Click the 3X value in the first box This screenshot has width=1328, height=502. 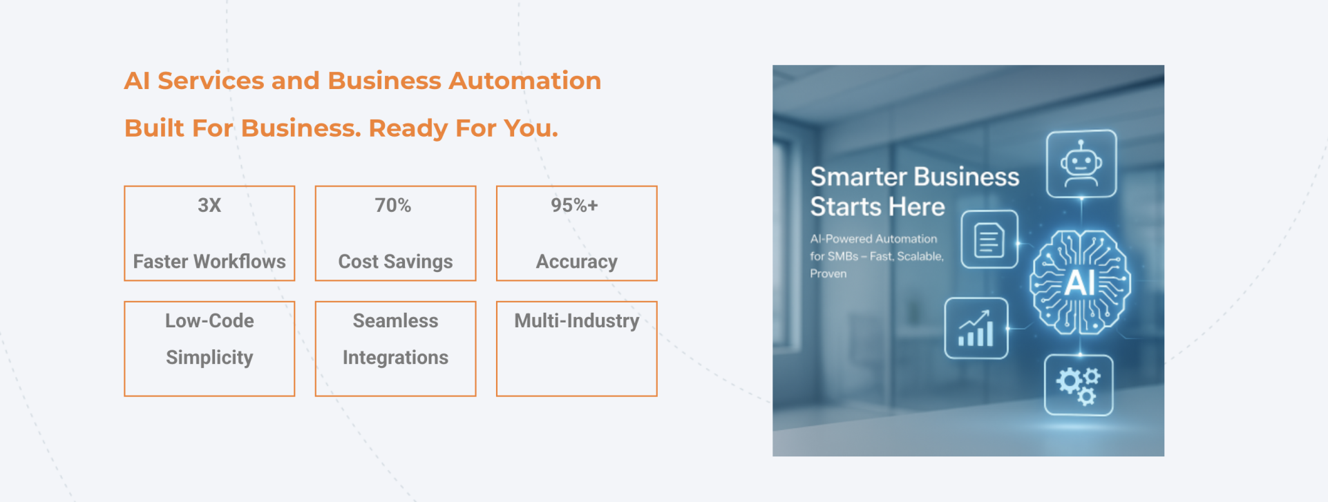(x=209, y=205)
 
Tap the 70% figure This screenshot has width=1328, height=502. (x=393, y=205)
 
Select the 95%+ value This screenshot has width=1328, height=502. (x=574, y=205)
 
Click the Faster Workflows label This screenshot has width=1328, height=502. (x=209, y=262)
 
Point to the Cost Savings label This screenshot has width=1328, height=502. (x=395, y=262)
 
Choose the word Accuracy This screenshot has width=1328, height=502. (x=577, y=262)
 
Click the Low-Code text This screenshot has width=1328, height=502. (x=209, y=320)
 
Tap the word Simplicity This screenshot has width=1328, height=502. (x=209, y=358)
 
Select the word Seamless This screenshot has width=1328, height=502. (x=395, y=320)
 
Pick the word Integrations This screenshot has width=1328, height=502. (x=395, y=358)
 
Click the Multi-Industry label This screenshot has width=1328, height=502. (x=577, y=320)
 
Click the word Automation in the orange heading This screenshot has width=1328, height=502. (x=524, y=81)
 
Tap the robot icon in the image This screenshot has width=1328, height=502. (x=1081, y=164)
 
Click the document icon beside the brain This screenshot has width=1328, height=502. (x=989, y=240)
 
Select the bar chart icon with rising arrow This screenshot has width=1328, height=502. (x=976, y=328)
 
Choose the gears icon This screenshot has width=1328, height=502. (x=1079, y=385)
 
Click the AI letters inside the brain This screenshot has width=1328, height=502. (x=1080, y=282)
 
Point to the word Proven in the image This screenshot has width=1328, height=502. (x=828, y=274)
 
